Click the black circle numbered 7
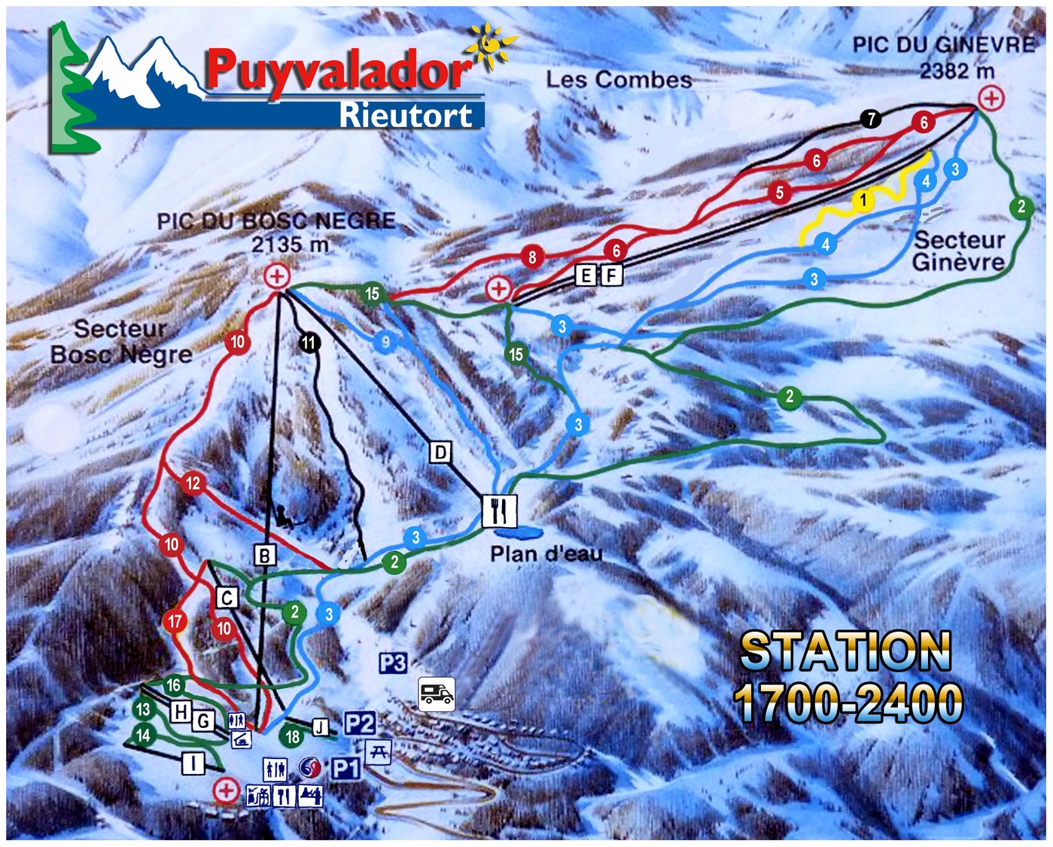coord(871,119)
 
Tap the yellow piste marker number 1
coord(863,200)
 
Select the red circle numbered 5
coord(780,193)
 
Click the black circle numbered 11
coord(309,343)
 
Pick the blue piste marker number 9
coord(385,343)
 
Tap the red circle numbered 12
coord(193,483)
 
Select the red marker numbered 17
coord(175,621)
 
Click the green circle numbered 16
coord(174,685)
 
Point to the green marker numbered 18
coord(293,736)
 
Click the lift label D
coord(440,452)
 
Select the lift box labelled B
coord(264,556)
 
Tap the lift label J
coord(321,727)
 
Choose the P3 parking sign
coord(393,663)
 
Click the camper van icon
coord(437,693)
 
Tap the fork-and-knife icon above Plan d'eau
coord(500,510)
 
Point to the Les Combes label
coord(619,80)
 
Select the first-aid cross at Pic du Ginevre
coord(992,98)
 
